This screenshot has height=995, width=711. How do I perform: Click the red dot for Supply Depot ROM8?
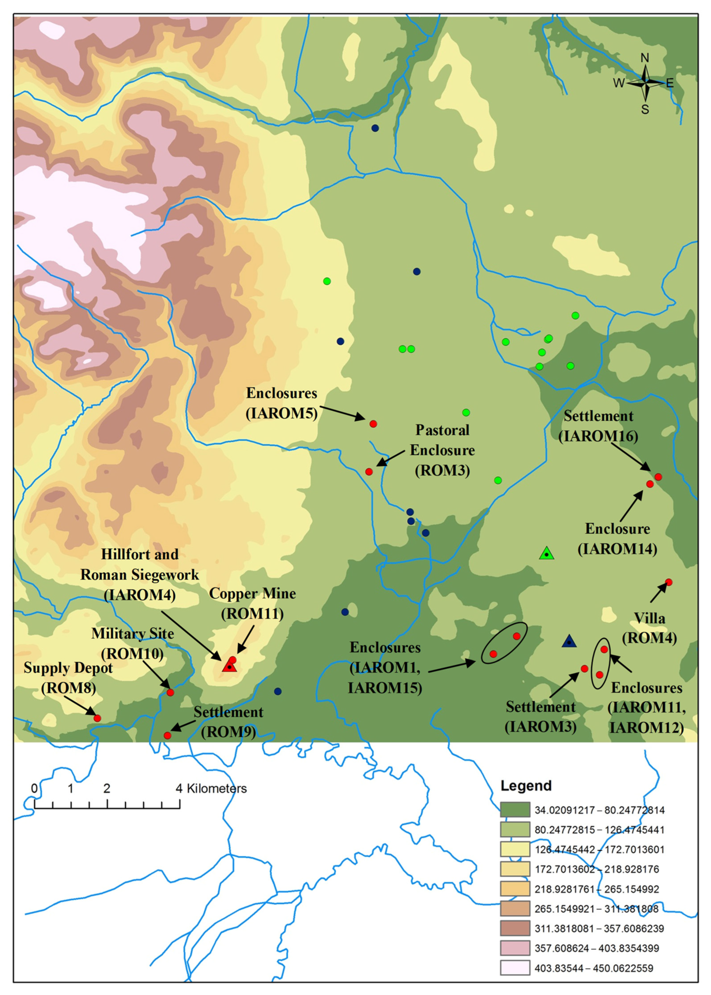[97, 718]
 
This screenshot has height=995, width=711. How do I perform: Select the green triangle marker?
[546, 554]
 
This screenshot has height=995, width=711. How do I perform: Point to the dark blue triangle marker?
[569, 642]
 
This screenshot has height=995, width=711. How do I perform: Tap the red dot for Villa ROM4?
[668, 582]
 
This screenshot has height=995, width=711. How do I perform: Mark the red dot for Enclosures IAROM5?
[373, 424]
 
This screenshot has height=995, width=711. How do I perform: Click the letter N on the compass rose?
[644, 58]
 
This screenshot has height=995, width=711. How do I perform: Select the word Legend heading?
[526, 786]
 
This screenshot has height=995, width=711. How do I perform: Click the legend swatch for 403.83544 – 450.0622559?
[515, 968]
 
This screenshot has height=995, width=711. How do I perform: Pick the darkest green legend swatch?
[515, 810]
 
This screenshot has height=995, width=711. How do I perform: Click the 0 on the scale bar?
[35, 789]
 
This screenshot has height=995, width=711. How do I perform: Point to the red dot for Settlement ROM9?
[167, 736]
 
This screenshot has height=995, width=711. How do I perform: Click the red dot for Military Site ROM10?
[170, 692]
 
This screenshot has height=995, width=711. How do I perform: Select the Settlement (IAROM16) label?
[598, 426]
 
